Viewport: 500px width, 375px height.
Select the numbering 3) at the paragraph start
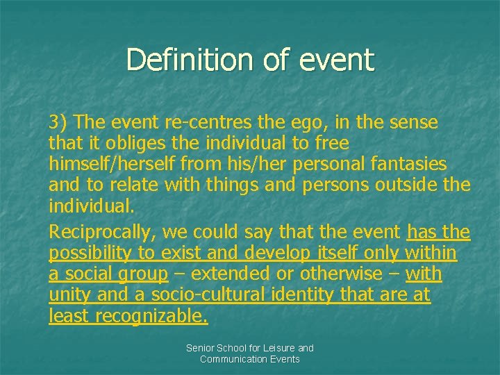(59, 123)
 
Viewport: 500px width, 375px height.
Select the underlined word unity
(68, 296)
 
